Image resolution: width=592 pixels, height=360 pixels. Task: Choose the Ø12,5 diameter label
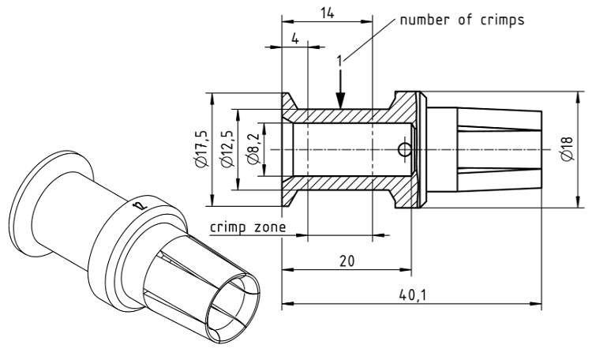click(x=227, y=148)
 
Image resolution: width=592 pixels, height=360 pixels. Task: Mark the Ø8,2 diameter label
click(x=253, y=148)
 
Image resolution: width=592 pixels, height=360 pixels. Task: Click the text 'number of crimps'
click(x=462, y=21)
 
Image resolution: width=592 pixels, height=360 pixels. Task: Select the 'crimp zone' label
click(x=247, y=227)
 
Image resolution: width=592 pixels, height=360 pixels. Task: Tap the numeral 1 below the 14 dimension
click(x=338, y=60)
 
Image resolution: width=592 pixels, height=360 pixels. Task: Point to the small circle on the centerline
click(x=404, y=149)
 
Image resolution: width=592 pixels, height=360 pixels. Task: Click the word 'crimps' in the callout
click(x=502, y=21)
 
